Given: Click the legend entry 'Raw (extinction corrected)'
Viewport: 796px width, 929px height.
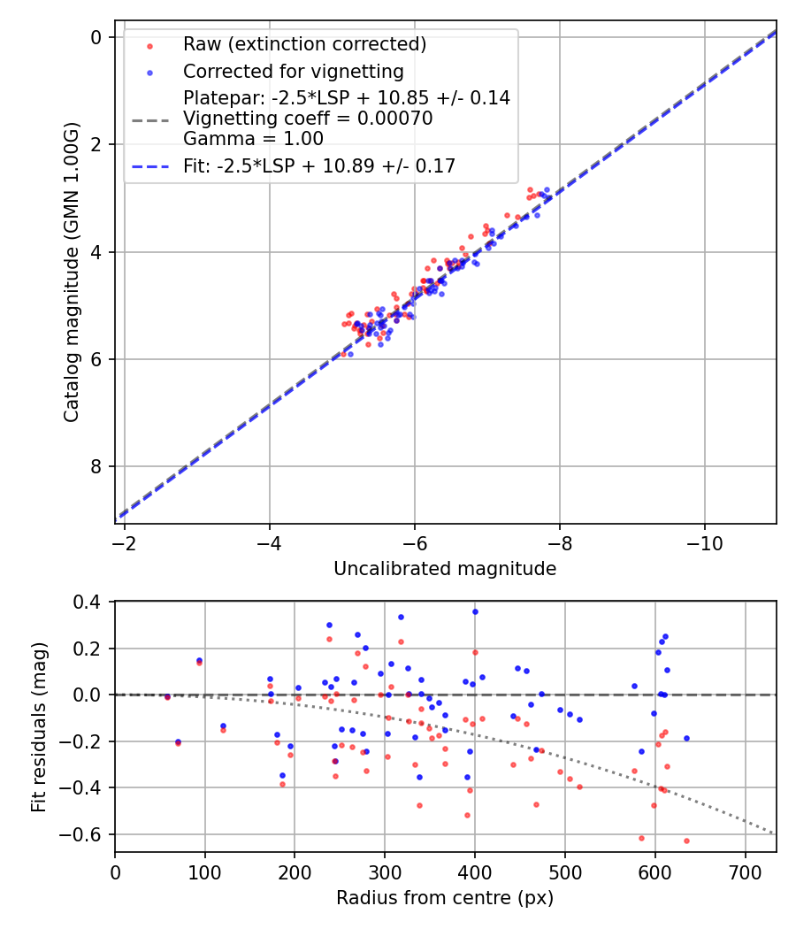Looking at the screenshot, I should coord(304,44).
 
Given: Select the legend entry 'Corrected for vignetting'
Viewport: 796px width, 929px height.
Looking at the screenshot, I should coord(293,72).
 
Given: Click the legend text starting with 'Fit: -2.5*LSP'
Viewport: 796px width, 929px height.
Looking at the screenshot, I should coord(319,165).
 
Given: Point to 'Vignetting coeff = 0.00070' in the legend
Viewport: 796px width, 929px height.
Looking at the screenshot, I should coord(308,119).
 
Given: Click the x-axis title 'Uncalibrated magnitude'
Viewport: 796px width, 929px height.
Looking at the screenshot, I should coord(445,569).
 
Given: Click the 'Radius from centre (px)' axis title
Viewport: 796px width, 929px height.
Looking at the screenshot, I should coord(445,898).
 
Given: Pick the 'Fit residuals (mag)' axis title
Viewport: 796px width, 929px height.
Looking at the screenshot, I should coord(38,727).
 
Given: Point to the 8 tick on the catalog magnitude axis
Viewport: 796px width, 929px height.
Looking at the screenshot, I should coord(96,466).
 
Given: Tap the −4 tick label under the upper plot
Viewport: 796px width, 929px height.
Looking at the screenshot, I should coord(270,541).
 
